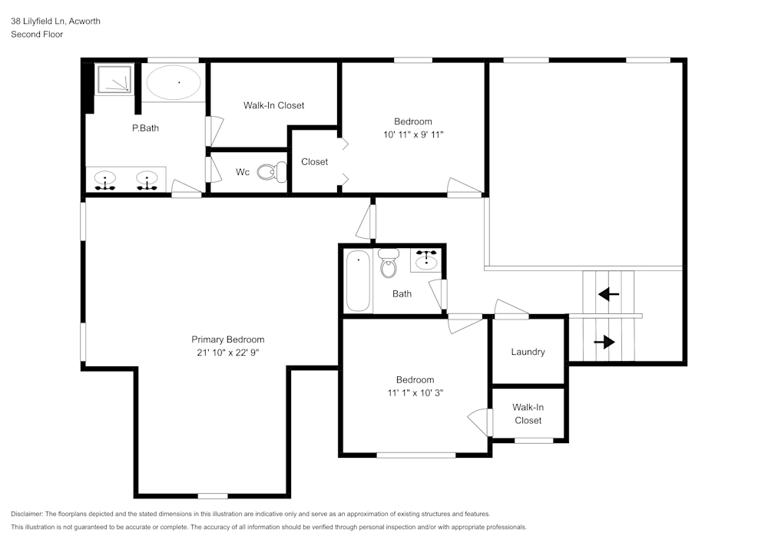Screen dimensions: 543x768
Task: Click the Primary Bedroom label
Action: pos(227,339)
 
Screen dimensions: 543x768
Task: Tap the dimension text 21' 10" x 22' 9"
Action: pos(227,353)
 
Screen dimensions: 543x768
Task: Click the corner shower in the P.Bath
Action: pos(113,78)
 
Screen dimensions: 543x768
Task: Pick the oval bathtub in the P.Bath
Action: pos(174,81)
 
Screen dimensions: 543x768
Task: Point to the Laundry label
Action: pos(528,352)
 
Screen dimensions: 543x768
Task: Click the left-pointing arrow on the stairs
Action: pos(609,293)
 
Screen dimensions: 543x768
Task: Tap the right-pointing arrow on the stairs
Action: pos(604,342)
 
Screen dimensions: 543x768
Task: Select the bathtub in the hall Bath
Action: pos(358,280)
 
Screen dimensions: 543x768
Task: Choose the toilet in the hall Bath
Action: pos(389,264)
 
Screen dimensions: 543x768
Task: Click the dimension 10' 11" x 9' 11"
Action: pos(413,134)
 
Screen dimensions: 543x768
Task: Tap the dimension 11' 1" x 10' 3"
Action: pos(415,392)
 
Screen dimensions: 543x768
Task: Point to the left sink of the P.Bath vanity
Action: pos(105,180)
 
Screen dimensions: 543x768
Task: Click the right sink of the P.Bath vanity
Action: pos(146,180)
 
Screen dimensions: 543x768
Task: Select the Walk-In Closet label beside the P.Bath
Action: pos(273,105)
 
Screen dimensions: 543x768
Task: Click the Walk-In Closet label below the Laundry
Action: pos(528,414)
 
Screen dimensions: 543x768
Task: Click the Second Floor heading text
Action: pos(37,35)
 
